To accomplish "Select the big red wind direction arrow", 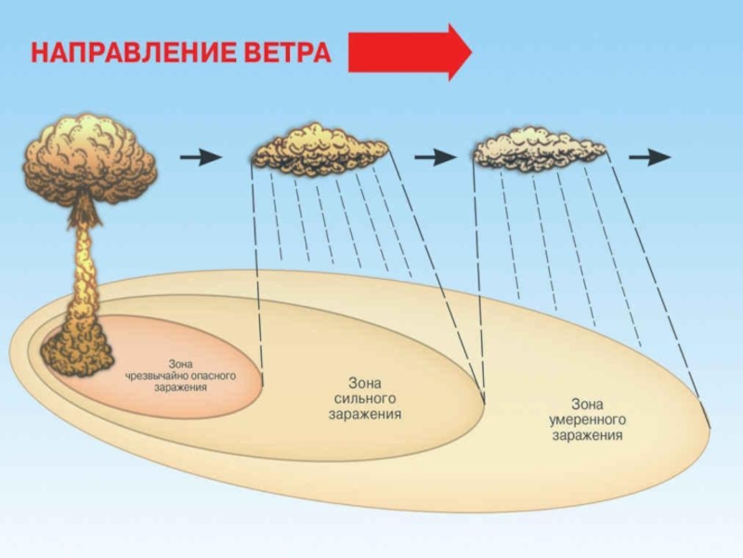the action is (x=410, y=52).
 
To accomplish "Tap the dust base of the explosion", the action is (x=76, y=348).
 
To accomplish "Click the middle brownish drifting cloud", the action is (x=319, y=149).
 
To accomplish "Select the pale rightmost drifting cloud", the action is (x=538, y=149).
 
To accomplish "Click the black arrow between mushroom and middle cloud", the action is (x=201, y=157).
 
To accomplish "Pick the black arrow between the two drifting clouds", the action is (x=434, y=157).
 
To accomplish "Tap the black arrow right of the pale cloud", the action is (x=650, y=157).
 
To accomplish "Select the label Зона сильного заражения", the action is (x=365, y=398).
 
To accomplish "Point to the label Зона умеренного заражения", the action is (x=587, y=419).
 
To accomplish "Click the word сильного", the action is (x=365, y=398).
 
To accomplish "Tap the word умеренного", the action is (x=587, y=419).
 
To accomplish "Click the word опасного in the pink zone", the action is (x=214, y=376).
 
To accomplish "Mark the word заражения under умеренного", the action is (x=587, y=435).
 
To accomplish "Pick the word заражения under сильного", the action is (x=365, y=414).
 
